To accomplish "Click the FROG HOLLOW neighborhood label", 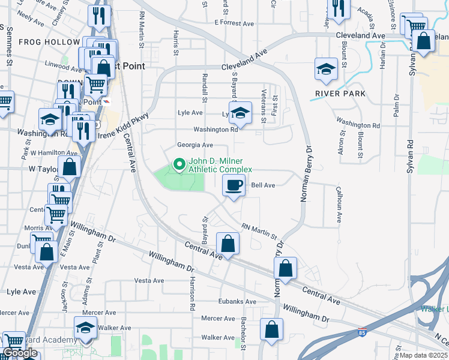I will (x=49, y=42).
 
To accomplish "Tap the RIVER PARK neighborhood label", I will (x=340, y=94).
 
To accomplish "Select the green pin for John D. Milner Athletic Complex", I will (x=178, y=164).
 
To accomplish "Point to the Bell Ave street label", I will (x=263, y=186).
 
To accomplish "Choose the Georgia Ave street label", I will (x=195, y=145).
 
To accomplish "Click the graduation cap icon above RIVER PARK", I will (x=325, y=69).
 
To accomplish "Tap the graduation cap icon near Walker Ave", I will (x=85, y=328).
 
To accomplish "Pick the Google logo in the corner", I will (x=20, y=353).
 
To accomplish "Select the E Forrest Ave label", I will (x=234, y=24).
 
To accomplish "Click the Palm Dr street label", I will (x=396, y=105).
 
